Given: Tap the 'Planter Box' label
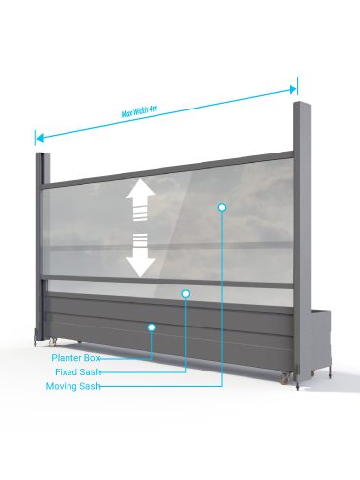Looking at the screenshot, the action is (75, 358).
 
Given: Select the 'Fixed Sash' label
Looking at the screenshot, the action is (77, 371).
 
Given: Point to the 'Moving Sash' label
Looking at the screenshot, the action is (73, 386).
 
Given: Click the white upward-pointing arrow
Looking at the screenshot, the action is (140, 199).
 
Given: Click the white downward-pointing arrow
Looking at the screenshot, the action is (140, 255).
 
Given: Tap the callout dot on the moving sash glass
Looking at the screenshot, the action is (222, 207).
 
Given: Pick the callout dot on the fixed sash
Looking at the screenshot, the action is (186, 294).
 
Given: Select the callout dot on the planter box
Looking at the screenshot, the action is (151, 327).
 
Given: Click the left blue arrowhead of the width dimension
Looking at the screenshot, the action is (39, 138).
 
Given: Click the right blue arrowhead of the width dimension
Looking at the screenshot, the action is (293, 89).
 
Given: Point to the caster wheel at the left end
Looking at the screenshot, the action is (53, 342).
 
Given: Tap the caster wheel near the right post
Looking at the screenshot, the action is (284, 378).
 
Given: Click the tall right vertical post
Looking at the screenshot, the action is (302, 241).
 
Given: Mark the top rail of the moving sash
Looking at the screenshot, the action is (168, 170).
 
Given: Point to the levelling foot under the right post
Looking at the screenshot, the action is (298, 387).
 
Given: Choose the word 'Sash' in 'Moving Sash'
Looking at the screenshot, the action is (90, 386).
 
